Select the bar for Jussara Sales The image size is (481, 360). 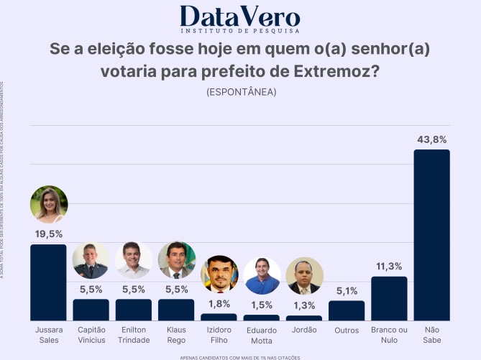[x=48, y=282]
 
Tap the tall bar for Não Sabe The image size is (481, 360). [x=431, y=234]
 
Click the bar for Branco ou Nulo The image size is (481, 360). [x=389, y=298]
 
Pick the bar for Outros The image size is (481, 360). [x=347, y=310]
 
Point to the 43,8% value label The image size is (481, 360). [x=431, y=139]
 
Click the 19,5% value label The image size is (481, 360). [x=48, y=234]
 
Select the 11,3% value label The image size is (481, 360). [x=389, y=267]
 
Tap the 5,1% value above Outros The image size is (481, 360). [x=347, y=291]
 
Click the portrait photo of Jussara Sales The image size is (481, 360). [x=49, y=205]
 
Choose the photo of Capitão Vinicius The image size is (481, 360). [x=91, y=260]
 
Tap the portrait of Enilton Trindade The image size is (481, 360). [x=134, y=260]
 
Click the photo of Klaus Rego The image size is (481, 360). [x=176, y=260]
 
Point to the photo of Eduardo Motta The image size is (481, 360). [x=262, y=276]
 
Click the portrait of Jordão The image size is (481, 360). [x=304, y=277]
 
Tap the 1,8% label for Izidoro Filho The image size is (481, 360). [x=219, y=304]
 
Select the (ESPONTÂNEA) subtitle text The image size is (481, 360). [x=241, y=92]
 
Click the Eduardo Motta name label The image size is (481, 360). [x=262, y=335]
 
